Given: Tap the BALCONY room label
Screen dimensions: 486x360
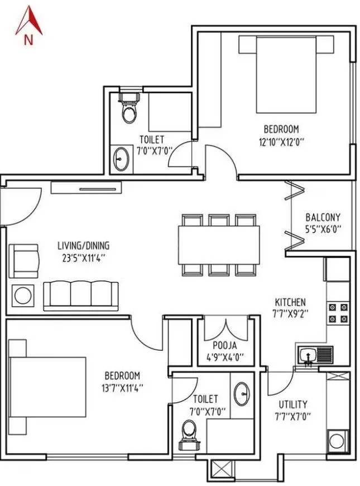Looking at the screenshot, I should click(323, 217).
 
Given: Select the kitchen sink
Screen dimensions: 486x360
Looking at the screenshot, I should click(314, 355).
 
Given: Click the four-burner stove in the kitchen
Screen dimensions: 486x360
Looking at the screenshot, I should click(338, 313).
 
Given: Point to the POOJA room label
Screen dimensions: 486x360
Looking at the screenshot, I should click(225, 345).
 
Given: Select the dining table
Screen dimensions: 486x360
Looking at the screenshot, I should click(219, 244).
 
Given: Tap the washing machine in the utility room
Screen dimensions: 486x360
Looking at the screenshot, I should click(337, 440).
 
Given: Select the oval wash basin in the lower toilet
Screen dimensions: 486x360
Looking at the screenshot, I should click(242, 393).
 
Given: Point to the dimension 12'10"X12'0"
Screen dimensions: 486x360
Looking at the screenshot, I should click(281, 142).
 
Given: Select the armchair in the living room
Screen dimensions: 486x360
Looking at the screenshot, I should click(25, 258).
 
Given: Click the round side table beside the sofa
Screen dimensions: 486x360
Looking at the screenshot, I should click(23, 296).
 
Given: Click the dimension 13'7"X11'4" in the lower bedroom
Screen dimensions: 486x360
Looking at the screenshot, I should click(122, 388).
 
